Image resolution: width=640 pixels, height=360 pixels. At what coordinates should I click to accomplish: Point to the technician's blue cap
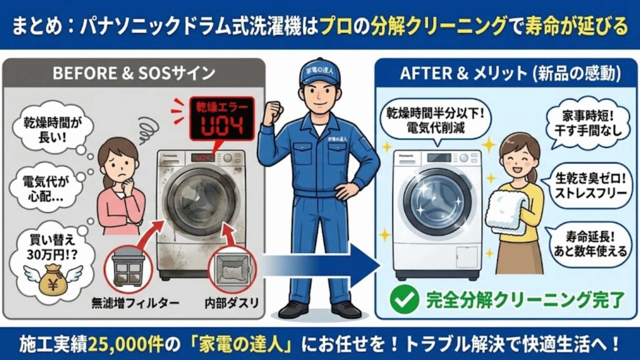coord(321,71)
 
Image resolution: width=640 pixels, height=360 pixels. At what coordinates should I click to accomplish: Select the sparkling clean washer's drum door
coord(437,201)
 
